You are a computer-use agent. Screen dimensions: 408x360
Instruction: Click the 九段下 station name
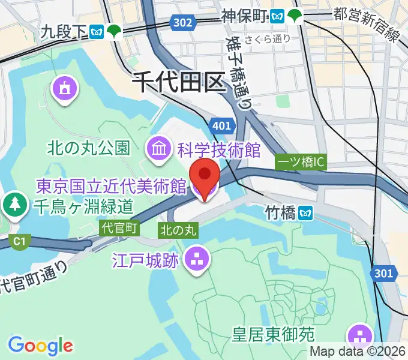[x=64, y=33]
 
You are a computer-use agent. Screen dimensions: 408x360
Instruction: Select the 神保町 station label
[x=244, y=16]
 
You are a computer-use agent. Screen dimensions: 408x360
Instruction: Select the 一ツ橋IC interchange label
[x=301, y=162]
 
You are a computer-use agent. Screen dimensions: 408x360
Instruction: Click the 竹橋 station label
[x=281, y=211]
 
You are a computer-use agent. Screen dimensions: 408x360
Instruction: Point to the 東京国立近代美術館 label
[x=112, y=187]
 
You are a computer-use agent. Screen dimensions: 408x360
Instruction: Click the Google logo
[x=40, y=344]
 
